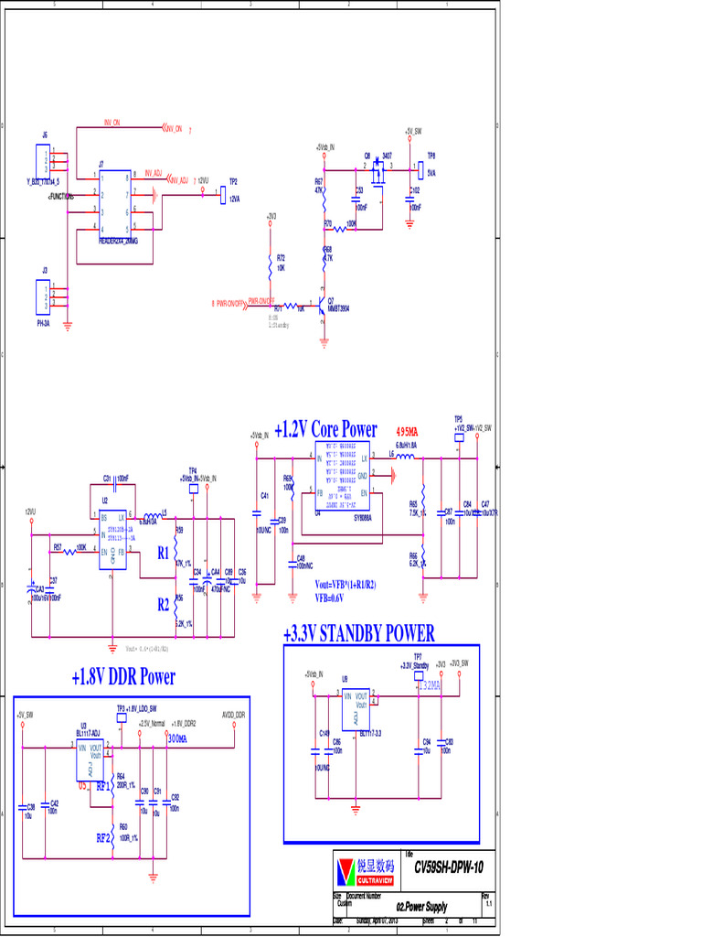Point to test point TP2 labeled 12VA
(224, 195)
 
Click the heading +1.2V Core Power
(325, 429)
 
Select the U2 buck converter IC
(114, 539)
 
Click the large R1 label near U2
(163, 553)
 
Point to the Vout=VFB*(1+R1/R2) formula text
(346, 584)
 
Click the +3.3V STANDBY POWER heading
(358, 633)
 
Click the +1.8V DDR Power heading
(123, 677)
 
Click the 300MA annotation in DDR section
(176, 738)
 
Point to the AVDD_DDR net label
(233, 714)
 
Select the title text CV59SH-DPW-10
(448, 867)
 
